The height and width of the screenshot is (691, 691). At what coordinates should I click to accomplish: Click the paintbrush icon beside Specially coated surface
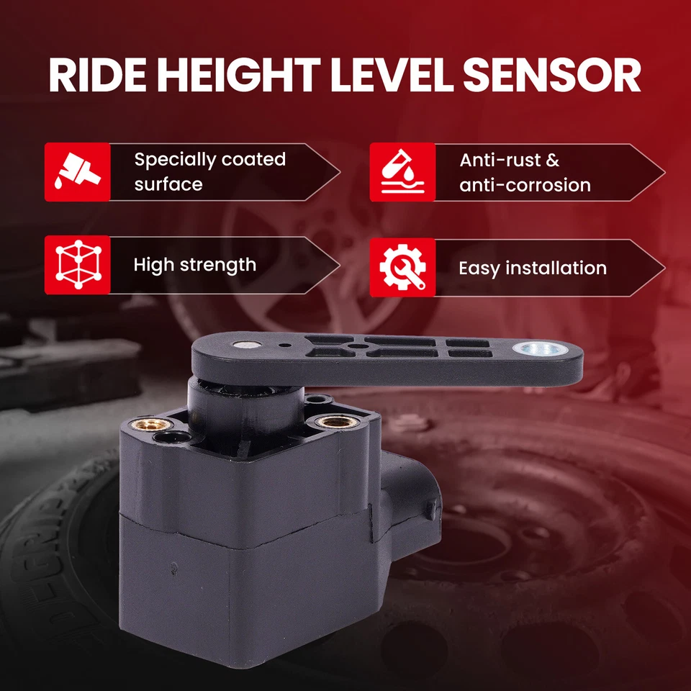click(78, 172)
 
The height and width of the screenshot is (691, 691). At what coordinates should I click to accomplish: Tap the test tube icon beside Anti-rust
click(402, 172)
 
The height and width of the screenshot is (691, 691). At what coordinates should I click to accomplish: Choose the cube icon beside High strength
click(78, 265)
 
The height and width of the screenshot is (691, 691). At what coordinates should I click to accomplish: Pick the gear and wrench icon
click(402, 268)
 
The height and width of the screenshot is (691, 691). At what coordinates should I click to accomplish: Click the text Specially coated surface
click(209, 171)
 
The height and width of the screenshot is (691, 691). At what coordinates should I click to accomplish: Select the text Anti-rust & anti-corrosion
click(525, 172)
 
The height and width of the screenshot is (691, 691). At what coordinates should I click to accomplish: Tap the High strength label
click(194, 265)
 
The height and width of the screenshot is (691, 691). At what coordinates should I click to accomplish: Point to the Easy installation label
click(533, 268)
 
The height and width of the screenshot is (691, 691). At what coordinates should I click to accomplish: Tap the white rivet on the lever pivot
click(246, 345)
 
